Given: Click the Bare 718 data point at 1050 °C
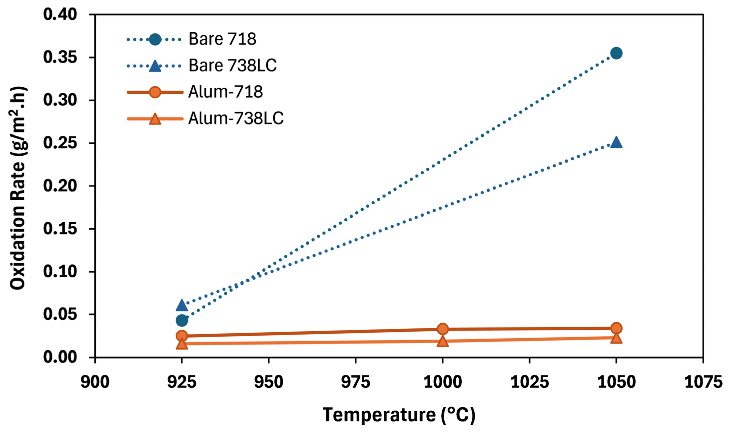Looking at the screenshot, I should coord(616,53).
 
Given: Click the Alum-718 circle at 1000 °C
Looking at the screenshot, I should coord(442,329).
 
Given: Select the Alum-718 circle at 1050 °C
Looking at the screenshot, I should coord(616,328).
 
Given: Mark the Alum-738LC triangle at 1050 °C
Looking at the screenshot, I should coord(616,338).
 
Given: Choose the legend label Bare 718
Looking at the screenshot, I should coord(222,39).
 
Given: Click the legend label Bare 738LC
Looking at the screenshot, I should coord(232,65).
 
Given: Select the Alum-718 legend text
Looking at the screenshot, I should coord(225,92).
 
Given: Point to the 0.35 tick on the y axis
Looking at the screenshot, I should coord(60,58).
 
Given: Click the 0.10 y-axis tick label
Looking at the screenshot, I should coord(60,272).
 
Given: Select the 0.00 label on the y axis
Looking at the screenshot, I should coord(60,357).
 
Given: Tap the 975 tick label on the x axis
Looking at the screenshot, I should coord(355,382).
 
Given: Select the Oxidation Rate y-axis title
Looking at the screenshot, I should coord(18,188).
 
